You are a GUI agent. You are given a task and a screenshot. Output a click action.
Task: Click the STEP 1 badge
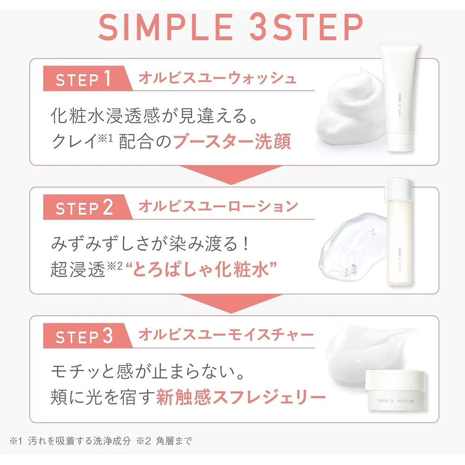point(86,79)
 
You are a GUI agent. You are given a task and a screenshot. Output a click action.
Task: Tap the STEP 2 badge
point(86,207)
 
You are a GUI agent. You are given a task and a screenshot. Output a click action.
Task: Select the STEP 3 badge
point(86,336)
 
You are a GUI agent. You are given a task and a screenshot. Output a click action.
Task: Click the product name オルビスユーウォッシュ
point(217,78)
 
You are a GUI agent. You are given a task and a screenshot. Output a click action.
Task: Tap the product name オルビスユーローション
point(218,206)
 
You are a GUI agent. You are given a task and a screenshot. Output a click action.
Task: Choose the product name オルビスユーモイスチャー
point(226,335)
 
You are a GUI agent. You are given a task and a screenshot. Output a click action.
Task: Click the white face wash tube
point(400,97)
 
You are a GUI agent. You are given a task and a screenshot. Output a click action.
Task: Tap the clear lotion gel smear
point(353,245)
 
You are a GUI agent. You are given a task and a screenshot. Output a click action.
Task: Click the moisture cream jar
point(397,390)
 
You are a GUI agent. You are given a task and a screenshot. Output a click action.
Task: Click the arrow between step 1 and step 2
point(231,175)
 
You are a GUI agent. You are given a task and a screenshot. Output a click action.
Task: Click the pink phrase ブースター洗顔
point(232,141)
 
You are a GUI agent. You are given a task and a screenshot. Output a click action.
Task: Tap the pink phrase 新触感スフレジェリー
point(241,397)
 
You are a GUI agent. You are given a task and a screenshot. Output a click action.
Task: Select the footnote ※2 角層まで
point(164,441)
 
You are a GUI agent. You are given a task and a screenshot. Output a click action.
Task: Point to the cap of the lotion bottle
point(399,189)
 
